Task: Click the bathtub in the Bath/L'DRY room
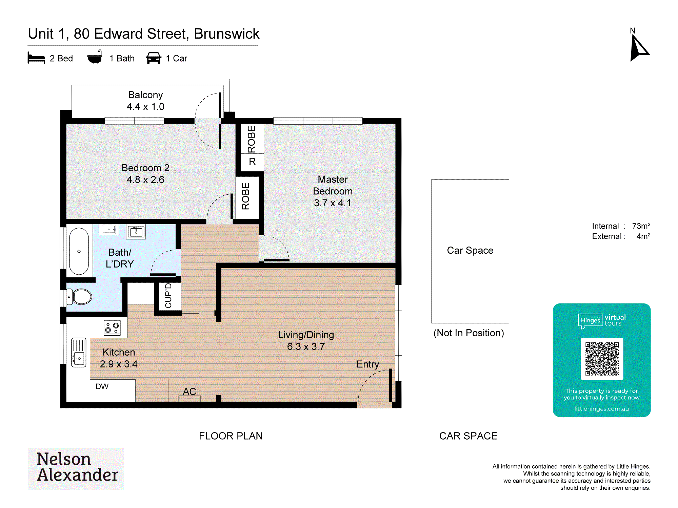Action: (x=79, y=251)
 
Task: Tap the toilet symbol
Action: (x=79, y=297)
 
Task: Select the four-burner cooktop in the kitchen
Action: (x=112, y=328)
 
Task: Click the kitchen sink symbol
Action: (x=79, y=352)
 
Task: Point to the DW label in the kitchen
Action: (x=102, y=386)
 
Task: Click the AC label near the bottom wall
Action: (x=190, y=391)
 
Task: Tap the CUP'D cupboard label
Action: (x=168, y=296)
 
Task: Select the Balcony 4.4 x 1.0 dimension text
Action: (x=145, y=107)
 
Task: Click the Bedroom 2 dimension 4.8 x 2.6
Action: (x=145, y=179)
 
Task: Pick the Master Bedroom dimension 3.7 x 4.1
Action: (x=333, y=203)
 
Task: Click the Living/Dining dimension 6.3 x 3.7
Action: (x=306, y=346)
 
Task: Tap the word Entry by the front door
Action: (x=368, y=364)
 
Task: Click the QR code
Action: (x=602, y=359)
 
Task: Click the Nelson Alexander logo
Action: (x=76, y=468)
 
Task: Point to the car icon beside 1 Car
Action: (x=154, y=58)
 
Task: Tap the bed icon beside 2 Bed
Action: (x=36, y=58)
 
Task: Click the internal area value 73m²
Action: (x=641, y=226)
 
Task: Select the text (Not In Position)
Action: (x=469, y=333)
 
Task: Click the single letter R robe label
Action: (x=252, y=162)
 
